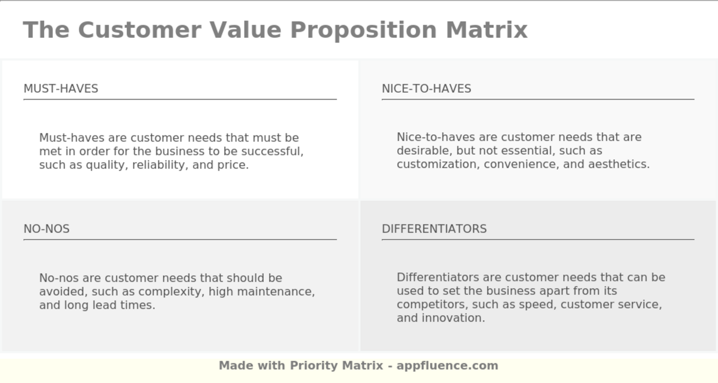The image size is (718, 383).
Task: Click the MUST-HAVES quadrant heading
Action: coord(61,89)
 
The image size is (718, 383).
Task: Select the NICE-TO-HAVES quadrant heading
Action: coord(426,89)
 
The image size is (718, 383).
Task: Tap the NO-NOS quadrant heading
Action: coord(47,229)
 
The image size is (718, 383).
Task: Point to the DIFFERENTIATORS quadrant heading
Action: coord(434,229)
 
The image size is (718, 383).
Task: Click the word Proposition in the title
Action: coord(364,30)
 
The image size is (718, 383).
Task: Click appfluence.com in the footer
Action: coord(447,366)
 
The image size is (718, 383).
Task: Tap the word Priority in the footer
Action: coord(314,366)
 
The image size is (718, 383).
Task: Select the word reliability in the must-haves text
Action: coord(159,165)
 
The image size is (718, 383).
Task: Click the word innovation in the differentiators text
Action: coord(453,318)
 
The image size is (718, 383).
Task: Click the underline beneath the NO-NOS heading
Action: coord(180,239)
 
